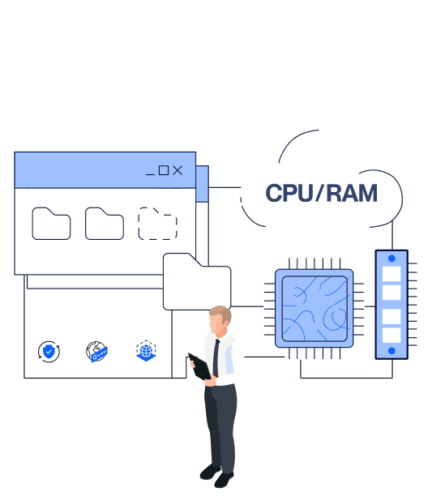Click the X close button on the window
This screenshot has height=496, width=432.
[178, 170]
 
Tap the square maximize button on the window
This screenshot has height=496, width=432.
[164, 170]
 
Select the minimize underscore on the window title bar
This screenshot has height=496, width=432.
[150, 174]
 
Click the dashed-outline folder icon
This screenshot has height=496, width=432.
[157, 224]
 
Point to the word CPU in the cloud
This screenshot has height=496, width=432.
[289, 193]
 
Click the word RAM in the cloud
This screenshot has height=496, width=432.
[352, 193]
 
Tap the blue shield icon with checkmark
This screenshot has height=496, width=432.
[49, 352]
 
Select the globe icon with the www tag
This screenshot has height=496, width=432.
[96, 352]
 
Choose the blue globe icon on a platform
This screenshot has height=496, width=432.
[146, 351]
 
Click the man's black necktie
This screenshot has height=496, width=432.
[216, 357]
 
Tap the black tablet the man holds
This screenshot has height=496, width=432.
[199, 366]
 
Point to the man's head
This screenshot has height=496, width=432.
[220, 319]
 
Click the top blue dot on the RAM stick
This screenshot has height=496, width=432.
[391, 259]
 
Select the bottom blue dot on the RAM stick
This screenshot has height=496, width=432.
[391, 350]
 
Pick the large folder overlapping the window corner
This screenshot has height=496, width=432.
[197, 281]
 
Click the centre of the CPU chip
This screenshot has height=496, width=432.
[314, 309]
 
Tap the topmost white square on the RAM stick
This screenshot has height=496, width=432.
[391, 274]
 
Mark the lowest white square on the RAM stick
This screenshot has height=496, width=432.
[391, 336]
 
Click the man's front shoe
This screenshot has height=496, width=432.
[224, 480]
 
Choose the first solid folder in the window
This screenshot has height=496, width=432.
[51, 224]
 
